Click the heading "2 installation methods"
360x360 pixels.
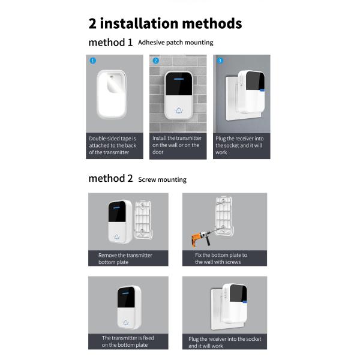(165, 23)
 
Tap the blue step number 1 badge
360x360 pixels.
(93, 61)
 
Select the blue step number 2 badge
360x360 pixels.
(156, 61)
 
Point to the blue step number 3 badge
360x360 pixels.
(220, 61)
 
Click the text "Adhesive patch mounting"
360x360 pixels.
(176, 43)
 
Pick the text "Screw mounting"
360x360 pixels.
(163, 179)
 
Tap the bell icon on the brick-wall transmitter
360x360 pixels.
(179, 111)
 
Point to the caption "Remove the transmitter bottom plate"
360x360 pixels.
(125, 259)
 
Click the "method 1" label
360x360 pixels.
(110, 42)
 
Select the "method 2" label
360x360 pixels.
(110, 178)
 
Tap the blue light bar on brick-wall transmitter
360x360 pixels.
(179, 79)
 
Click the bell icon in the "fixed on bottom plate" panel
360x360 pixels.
(125, 323)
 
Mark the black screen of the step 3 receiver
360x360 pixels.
(255, 80)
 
